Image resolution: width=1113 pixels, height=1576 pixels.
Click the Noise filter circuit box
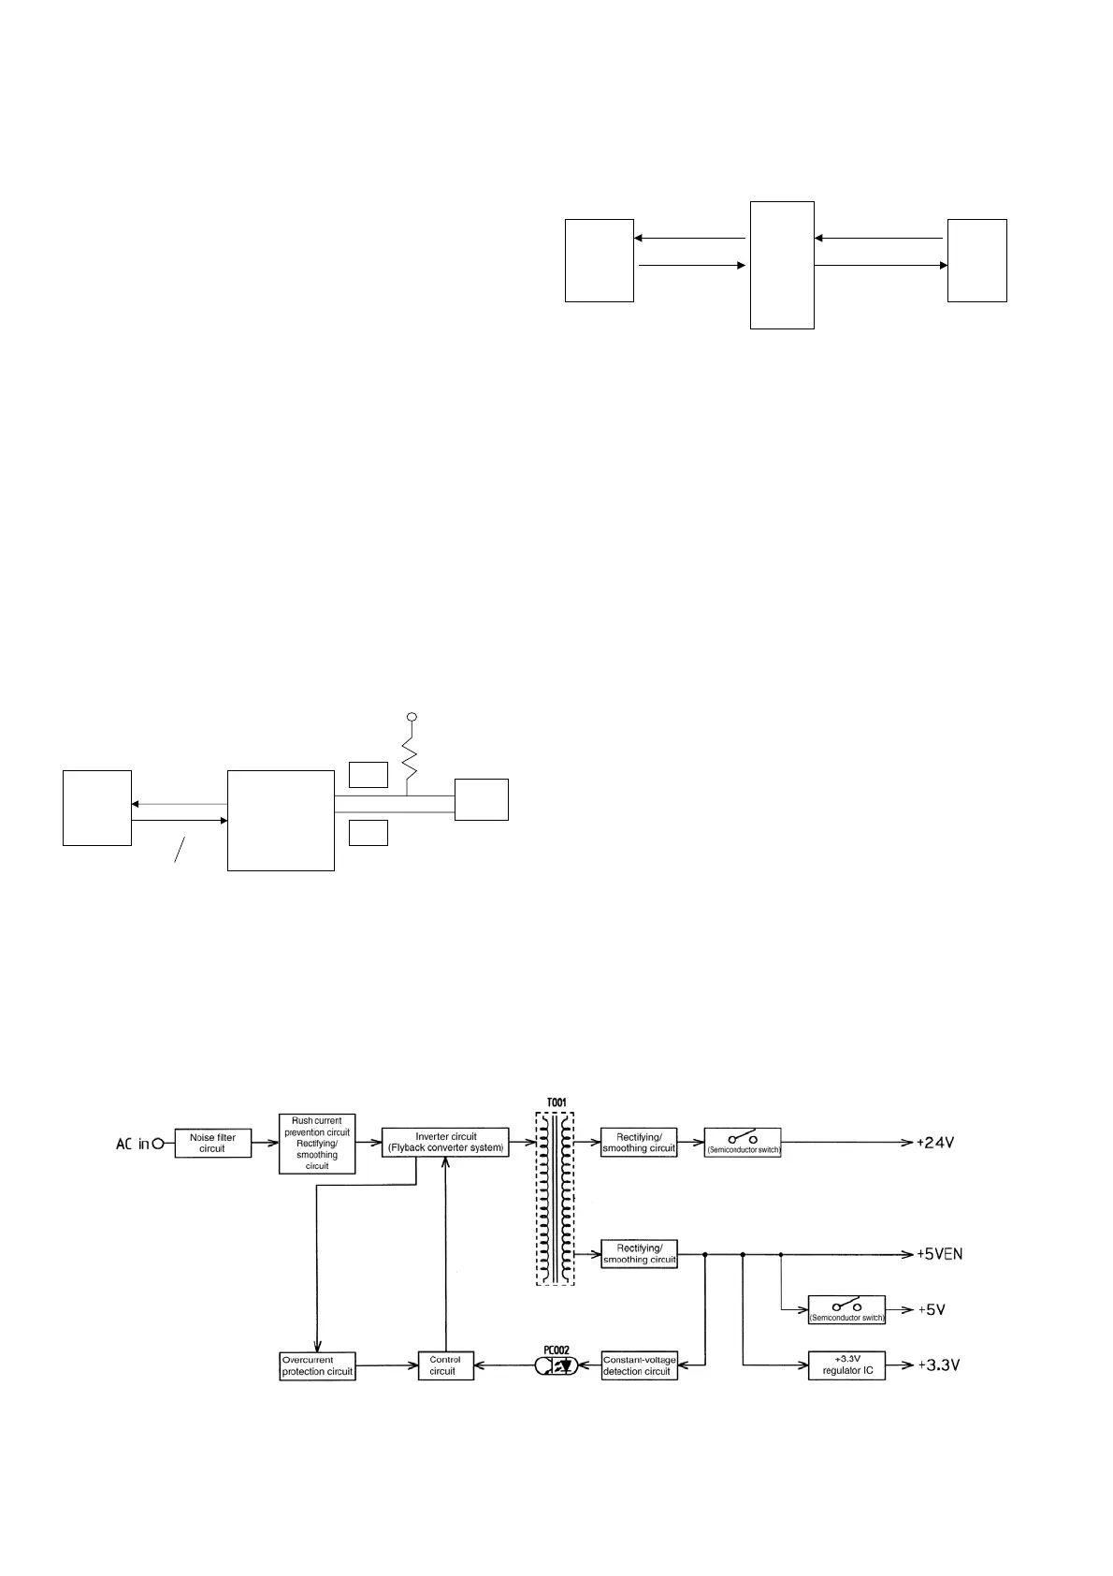(x=212, y=1143)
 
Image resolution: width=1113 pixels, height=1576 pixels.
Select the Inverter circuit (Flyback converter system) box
(x=445, y=1142)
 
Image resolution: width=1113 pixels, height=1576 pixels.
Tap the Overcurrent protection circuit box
(x=317, y=1365)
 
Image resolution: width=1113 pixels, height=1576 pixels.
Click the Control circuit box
(x=444, y=1365)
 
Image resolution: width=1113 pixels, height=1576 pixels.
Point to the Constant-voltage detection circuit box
(x=639, y=1365)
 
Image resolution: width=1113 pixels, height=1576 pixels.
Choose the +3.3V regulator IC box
(x=846, y=1365)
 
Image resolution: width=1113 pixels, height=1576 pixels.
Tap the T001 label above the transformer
(x=556, y=1103)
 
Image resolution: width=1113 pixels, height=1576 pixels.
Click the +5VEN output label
(x=939, y=1254)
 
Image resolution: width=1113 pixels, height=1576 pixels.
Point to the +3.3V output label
(x=938, y=1365)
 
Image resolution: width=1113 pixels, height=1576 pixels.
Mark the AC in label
(x=132, y=1144)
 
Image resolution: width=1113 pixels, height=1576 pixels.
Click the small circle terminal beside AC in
(x=158, y=1144)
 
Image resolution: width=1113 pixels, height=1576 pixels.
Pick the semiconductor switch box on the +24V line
(x=743, y=1143)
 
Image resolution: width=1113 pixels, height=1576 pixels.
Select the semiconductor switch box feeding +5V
(x=846, y=1310)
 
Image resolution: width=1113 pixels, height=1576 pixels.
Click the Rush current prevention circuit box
(x=317, y=1143)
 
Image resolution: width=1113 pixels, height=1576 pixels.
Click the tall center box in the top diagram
(x=782, y=265)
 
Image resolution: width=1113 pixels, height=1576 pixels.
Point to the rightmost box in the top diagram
(x=976, y=260)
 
